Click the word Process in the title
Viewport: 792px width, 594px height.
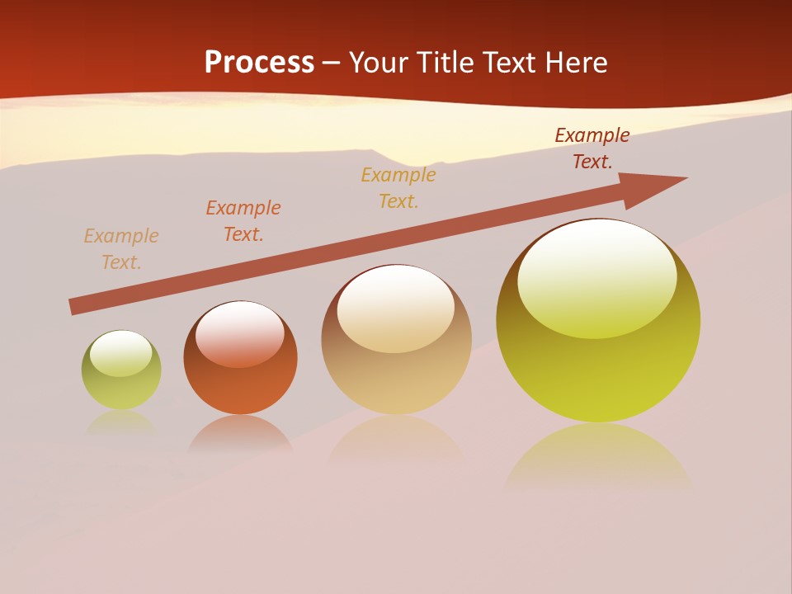coord(259,63)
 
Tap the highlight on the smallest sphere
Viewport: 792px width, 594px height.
coord(120,353)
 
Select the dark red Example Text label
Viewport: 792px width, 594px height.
coord(592,148)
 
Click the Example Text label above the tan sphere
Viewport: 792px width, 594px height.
coord(398,188)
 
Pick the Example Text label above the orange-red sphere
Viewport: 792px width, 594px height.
coord(243,221)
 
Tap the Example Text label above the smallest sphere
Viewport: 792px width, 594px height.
coord(121,249)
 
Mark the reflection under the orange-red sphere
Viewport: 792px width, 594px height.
coord(240,433)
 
